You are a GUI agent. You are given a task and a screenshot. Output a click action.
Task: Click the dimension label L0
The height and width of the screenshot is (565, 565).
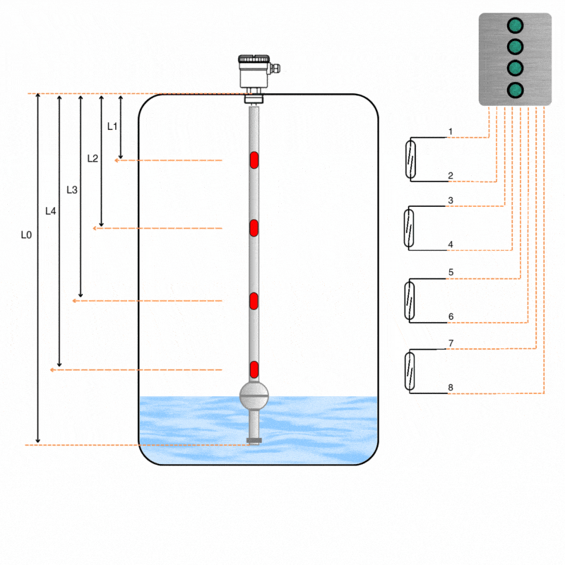(26, 234)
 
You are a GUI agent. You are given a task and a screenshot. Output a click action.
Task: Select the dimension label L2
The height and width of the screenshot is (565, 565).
(93, 158)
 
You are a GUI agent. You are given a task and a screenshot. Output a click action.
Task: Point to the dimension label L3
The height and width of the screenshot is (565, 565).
(72, 189)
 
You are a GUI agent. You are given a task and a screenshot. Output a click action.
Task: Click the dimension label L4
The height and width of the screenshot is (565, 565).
(50, 210)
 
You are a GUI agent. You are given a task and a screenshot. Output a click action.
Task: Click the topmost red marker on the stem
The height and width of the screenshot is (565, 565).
(254, 160)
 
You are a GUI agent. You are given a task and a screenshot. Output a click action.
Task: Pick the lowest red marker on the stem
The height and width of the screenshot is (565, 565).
(254, 369)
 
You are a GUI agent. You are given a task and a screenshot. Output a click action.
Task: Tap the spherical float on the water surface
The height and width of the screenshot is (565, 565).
(254, 395)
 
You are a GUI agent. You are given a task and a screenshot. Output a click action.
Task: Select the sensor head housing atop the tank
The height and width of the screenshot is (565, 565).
(254, 71)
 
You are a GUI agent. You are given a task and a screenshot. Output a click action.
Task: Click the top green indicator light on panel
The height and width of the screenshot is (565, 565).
(516, 25)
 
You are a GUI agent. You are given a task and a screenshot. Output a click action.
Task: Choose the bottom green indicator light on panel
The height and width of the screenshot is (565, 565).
(516, 90)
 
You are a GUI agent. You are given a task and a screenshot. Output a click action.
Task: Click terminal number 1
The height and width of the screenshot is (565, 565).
(450, 132)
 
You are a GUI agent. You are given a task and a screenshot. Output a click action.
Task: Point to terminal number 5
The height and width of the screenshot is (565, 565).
(450, 272)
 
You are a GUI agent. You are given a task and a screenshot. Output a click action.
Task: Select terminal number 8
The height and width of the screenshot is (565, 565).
(450, 387)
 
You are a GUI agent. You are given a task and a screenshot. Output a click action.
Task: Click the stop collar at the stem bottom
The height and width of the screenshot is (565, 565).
(254, 441)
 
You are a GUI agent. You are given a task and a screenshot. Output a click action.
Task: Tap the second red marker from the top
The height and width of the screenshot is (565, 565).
(254, 228)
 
